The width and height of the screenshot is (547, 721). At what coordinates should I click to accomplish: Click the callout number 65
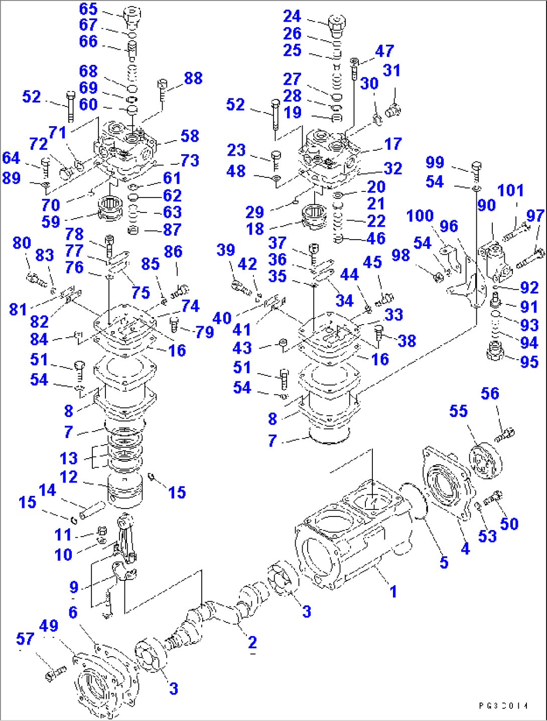click(x=88, y=9)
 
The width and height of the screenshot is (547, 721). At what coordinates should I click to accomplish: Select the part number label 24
click(x=292, y=16)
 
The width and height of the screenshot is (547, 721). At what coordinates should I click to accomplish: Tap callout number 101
click(x=510, y=190)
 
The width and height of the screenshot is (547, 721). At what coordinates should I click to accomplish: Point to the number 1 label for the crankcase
click(x=393, y=591)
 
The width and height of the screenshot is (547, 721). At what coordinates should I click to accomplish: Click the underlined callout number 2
click(x=252, y=642)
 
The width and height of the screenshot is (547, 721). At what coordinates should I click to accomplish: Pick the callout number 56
click(x=490, y=393)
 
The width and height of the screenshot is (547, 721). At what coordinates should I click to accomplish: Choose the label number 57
click(x=25, y=639)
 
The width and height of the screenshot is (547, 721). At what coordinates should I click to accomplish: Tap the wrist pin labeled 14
click(x=91, y=511)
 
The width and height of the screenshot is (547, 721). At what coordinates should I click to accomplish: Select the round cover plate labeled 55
click(x=485, y=460)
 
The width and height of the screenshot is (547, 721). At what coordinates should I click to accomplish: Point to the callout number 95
click(x=529, y=362)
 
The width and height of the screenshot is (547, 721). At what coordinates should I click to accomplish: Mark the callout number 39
click(x=226, y=250)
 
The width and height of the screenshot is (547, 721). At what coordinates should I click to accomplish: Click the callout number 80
click(x=22, y=243)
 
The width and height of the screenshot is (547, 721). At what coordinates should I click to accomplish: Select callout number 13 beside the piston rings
click(x=69, y=458)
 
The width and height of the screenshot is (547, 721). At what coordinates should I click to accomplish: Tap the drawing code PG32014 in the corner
click(x=503, y=706)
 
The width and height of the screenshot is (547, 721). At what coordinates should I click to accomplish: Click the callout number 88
click(x=193, y=78)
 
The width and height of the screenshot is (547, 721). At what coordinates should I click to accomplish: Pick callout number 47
click(x=384, y=51)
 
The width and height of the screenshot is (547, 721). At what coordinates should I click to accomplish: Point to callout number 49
click(x=49, y=626)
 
